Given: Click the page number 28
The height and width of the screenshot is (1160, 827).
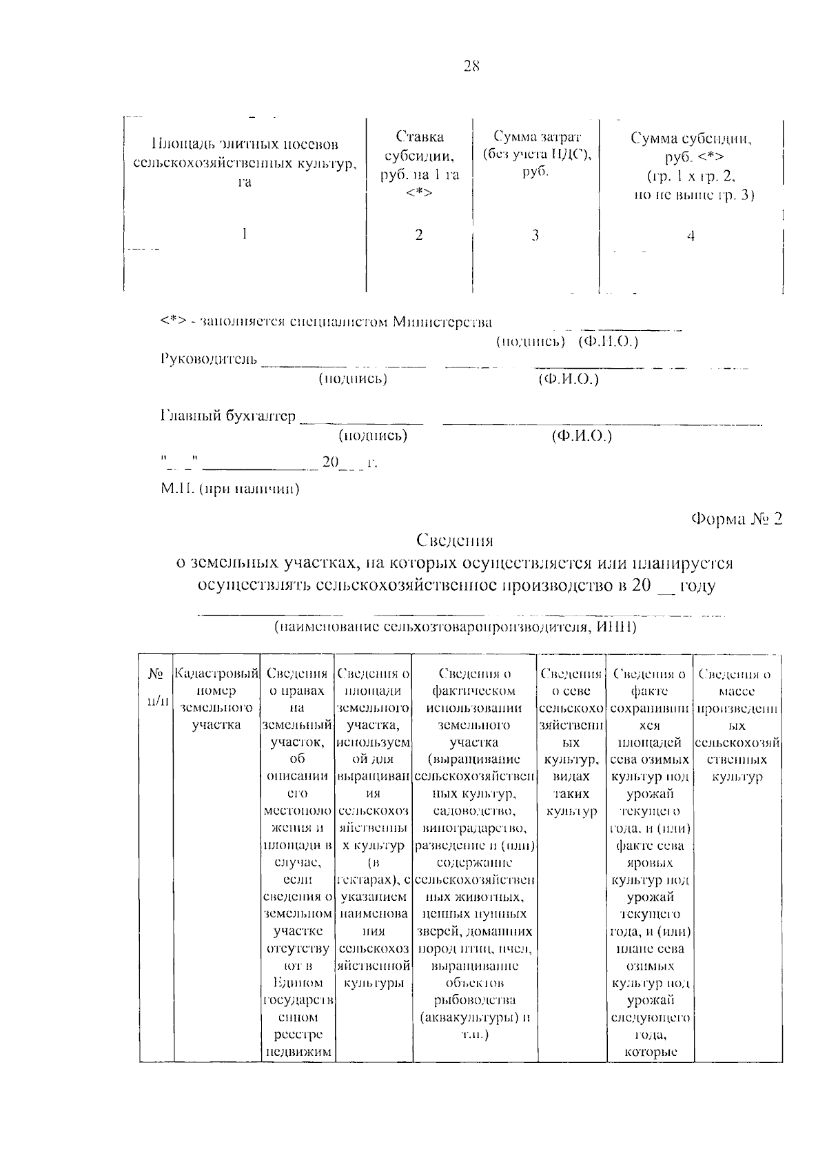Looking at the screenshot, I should coord(471,67).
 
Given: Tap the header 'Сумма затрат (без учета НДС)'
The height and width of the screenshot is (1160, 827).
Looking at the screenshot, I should coord(535,152).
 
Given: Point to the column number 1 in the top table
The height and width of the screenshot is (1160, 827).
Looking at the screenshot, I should coord(244,234).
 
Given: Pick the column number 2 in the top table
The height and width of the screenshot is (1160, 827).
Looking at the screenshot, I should coord(419,235).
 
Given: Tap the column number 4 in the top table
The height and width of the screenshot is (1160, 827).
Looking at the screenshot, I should coord(691,236).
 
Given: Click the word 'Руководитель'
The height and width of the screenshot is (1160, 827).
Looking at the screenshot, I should coord(209,359).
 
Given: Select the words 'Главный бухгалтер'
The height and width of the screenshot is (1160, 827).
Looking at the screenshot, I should coord(228,416).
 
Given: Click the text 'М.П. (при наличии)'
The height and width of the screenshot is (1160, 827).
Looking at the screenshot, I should coord(230,489).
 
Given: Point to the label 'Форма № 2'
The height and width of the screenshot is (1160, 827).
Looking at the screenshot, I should coord(737,519).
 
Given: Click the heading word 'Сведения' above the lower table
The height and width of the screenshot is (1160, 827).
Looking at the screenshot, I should coord(455,540).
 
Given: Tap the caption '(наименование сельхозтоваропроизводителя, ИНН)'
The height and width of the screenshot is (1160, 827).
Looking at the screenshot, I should coord(454,627).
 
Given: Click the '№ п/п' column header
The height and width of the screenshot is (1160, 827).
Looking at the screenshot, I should coord(156,686).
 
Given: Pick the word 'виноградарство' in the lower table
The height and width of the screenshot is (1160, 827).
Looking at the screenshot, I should coord(475,828).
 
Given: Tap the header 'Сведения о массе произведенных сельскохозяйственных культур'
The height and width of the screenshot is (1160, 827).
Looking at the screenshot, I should coord(737,725).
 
